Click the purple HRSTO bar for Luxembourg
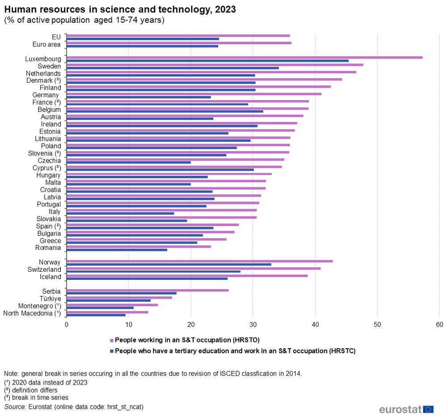click(244, 57)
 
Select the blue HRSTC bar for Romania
click(117, 249)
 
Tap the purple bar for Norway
click(199, 261)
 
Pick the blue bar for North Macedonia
click(96, 315)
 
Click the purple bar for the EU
click(178, 35)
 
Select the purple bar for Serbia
click(148, 290)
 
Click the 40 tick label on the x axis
click(315, 325)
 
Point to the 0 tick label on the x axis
click(67, 325)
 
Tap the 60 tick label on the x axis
click(439, 325)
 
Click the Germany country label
click(46, 95)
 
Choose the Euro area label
click(46, 44)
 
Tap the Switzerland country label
click(44, 270)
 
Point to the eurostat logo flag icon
click(428, 409)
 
